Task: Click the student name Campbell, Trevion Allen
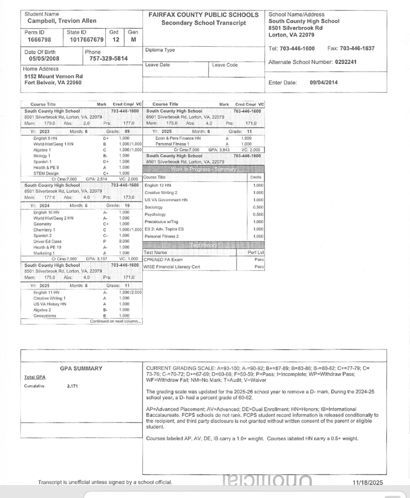click(x=62, y=21)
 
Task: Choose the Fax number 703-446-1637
click(x=356, y=49)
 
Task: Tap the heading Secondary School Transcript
click(x=204, y=23)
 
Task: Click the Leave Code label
click(x=226, y=65)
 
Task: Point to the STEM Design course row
click(x=46, y=173)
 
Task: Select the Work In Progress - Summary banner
click(x=203, y=169)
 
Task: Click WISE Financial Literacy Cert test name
click(x=172, y=267)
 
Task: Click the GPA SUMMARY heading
click(x=81, y=369)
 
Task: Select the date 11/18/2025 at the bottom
click(x=368, y=483)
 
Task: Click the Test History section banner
click(x=203, y=245)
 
